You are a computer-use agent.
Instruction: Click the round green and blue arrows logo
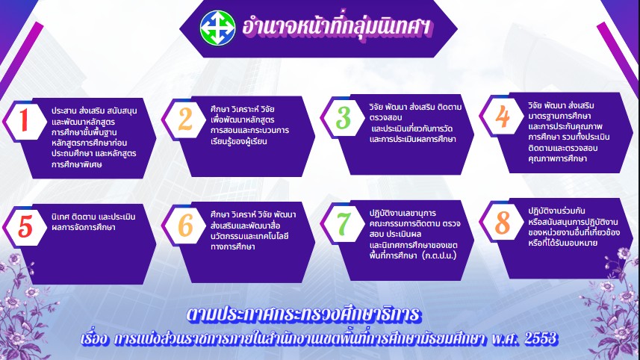(x=217, y=28)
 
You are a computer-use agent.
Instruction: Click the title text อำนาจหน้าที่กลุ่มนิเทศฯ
(x=336, y=28)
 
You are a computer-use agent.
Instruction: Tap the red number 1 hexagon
(x=25, y=121)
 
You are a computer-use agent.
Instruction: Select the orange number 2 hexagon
(x=184, y=120)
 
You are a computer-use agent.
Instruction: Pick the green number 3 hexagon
(x=344, y=117)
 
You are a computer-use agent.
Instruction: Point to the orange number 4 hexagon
(x=502, y=116)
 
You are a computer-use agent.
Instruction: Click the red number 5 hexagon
(x=25, y=226)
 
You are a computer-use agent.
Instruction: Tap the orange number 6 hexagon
(x=184, y=225)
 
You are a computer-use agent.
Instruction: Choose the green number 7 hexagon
(x=344, y=223)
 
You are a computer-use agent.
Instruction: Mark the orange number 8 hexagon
(x=502, y=222)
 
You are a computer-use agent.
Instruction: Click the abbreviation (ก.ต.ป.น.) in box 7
(x=439, y=256)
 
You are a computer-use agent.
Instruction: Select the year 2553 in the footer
(x=541, y=338)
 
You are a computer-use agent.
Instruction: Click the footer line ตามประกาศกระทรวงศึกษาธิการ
(x=303, y=314)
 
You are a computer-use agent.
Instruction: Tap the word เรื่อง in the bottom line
(x=95, y=339)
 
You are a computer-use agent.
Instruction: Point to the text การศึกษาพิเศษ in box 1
(x=77, y=164)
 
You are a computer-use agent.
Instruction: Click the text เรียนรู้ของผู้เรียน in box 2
(x=239, y=141)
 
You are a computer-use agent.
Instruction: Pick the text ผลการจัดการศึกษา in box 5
(x=83, y=227)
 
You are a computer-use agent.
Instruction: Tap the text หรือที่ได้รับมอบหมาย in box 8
(x=563, y=243)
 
